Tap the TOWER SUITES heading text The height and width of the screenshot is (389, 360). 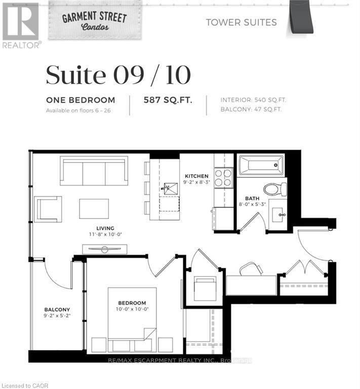(241, 22)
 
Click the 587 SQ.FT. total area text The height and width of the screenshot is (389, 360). (168, 100)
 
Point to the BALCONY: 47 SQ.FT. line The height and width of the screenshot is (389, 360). (251, 109)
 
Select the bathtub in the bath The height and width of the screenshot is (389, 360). (261, 165)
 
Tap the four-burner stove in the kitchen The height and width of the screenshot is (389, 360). (223, 178)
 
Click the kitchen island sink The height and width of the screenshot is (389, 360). (167, 188)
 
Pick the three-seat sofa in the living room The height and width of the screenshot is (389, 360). (94, 171)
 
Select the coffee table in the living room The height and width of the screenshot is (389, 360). (94, 209)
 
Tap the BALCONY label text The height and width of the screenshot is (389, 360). (57, 309)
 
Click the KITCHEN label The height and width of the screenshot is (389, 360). (197, 176)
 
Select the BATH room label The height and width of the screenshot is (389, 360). (252, 199)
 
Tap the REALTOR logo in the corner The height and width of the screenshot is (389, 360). (20, 25)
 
